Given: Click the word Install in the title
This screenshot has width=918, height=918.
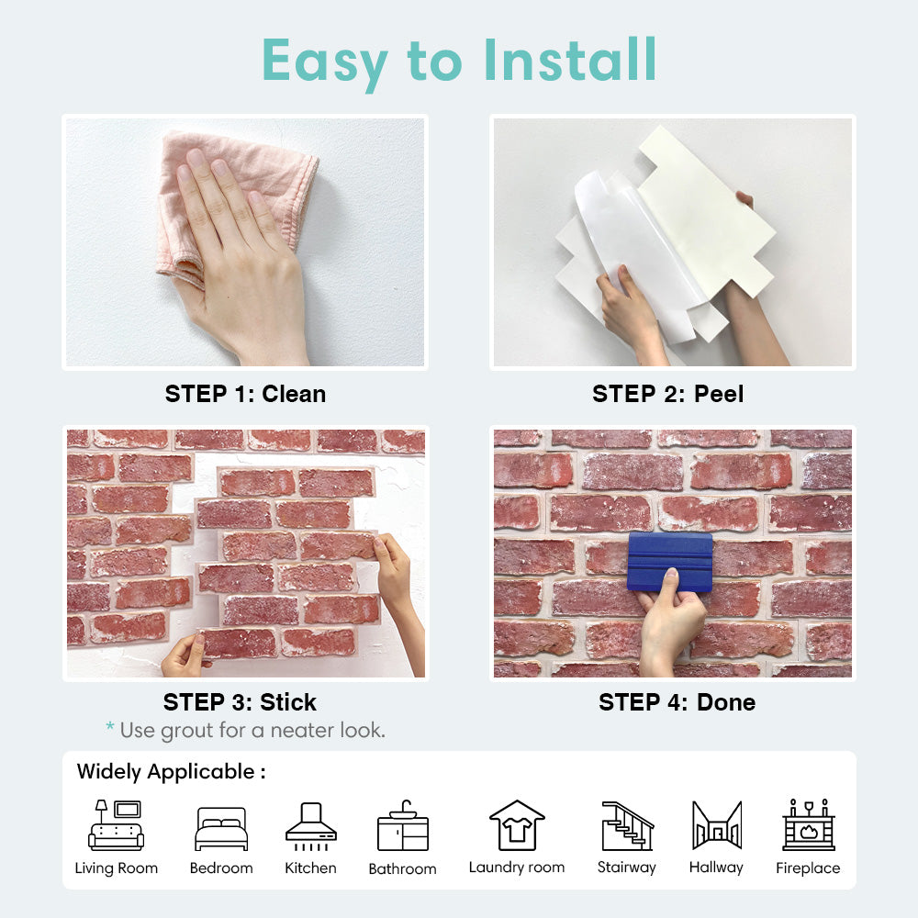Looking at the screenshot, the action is point(570,60).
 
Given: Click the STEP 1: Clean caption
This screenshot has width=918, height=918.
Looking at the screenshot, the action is point(245,394).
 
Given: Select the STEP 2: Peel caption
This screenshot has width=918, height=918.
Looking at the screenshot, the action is point(668,394).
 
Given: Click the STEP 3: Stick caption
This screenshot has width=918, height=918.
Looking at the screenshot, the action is point(240,702).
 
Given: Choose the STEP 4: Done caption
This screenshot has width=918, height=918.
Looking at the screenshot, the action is point(677,702).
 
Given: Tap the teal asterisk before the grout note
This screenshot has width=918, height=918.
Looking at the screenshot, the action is point(110,727).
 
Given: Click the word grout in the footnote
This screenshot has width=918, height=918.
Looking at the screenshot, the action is point(186,731).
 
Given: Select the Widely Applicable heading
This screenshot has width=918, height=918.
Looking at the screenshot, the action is point(171,772).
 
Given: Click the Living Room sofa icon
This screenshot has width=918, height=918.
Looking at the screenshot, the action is point(116,825).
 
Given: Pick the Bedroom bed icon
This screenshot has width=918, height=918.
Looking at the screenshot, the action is point(221,828).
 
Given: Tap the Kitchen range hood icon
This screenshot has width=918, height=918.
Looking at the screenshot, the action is point(311,826).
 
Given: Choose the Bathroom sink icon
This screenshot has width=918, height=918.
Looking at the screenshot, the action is point(403,825).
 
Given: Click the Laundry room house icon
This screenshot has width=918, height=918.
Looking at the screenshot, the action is point(517,825).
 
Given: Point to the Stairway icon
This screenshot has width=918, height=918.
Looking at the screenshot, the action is point(628,825).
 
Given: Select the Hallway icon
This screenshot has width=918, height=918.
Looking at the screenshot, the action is point(717,825).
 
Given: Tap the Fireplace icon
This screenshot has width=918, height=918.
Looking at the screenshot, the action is point(809,824).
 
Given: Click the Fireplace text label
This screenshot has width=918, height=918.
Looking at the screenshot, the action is point(808,868).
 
